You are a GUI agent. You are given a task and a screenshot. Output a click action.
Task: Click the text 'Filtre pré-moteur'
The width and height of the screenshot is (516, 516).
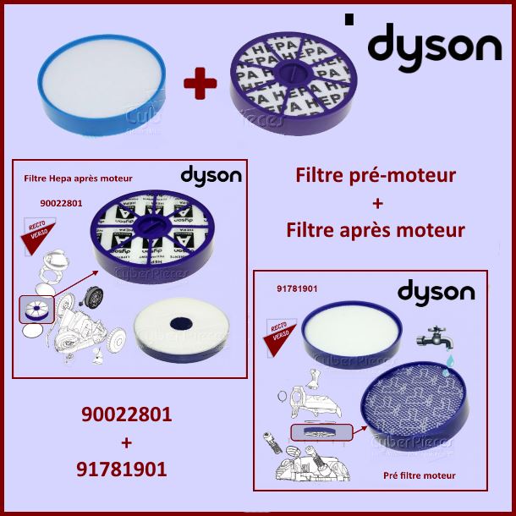[376, 176]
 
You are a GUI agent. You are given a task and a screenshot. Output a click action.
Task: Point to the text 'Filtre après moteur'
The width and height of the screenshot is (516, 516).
[376, 229]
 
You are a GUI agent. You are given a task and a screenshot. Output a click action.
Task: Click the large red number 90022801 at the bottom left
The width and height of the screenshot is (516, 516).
[126, 415]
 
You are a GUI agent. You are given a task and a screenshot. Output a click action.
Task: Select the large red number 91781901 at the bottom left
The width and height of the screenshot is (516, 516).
[126, 468]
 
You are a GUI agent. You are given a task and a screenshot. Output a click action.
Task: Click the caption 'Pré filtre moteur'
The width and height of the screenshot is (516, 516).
[419, 475]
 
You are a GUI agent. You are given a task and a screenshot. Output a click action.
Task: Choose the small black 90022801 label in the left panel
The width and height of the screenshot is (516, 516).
[60, 203]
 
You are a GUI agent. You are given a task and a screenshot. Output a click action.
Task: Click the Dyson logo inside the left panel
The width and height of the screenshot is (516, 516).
[211, 176]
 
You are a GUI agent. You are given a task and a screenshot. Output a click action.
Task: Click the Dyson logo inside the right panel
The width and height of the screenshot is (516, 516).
[436, 293]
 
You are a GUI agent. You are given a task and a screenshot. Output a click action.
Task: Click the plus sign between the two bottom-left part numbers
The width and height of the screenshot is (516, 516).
[126, 442]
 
